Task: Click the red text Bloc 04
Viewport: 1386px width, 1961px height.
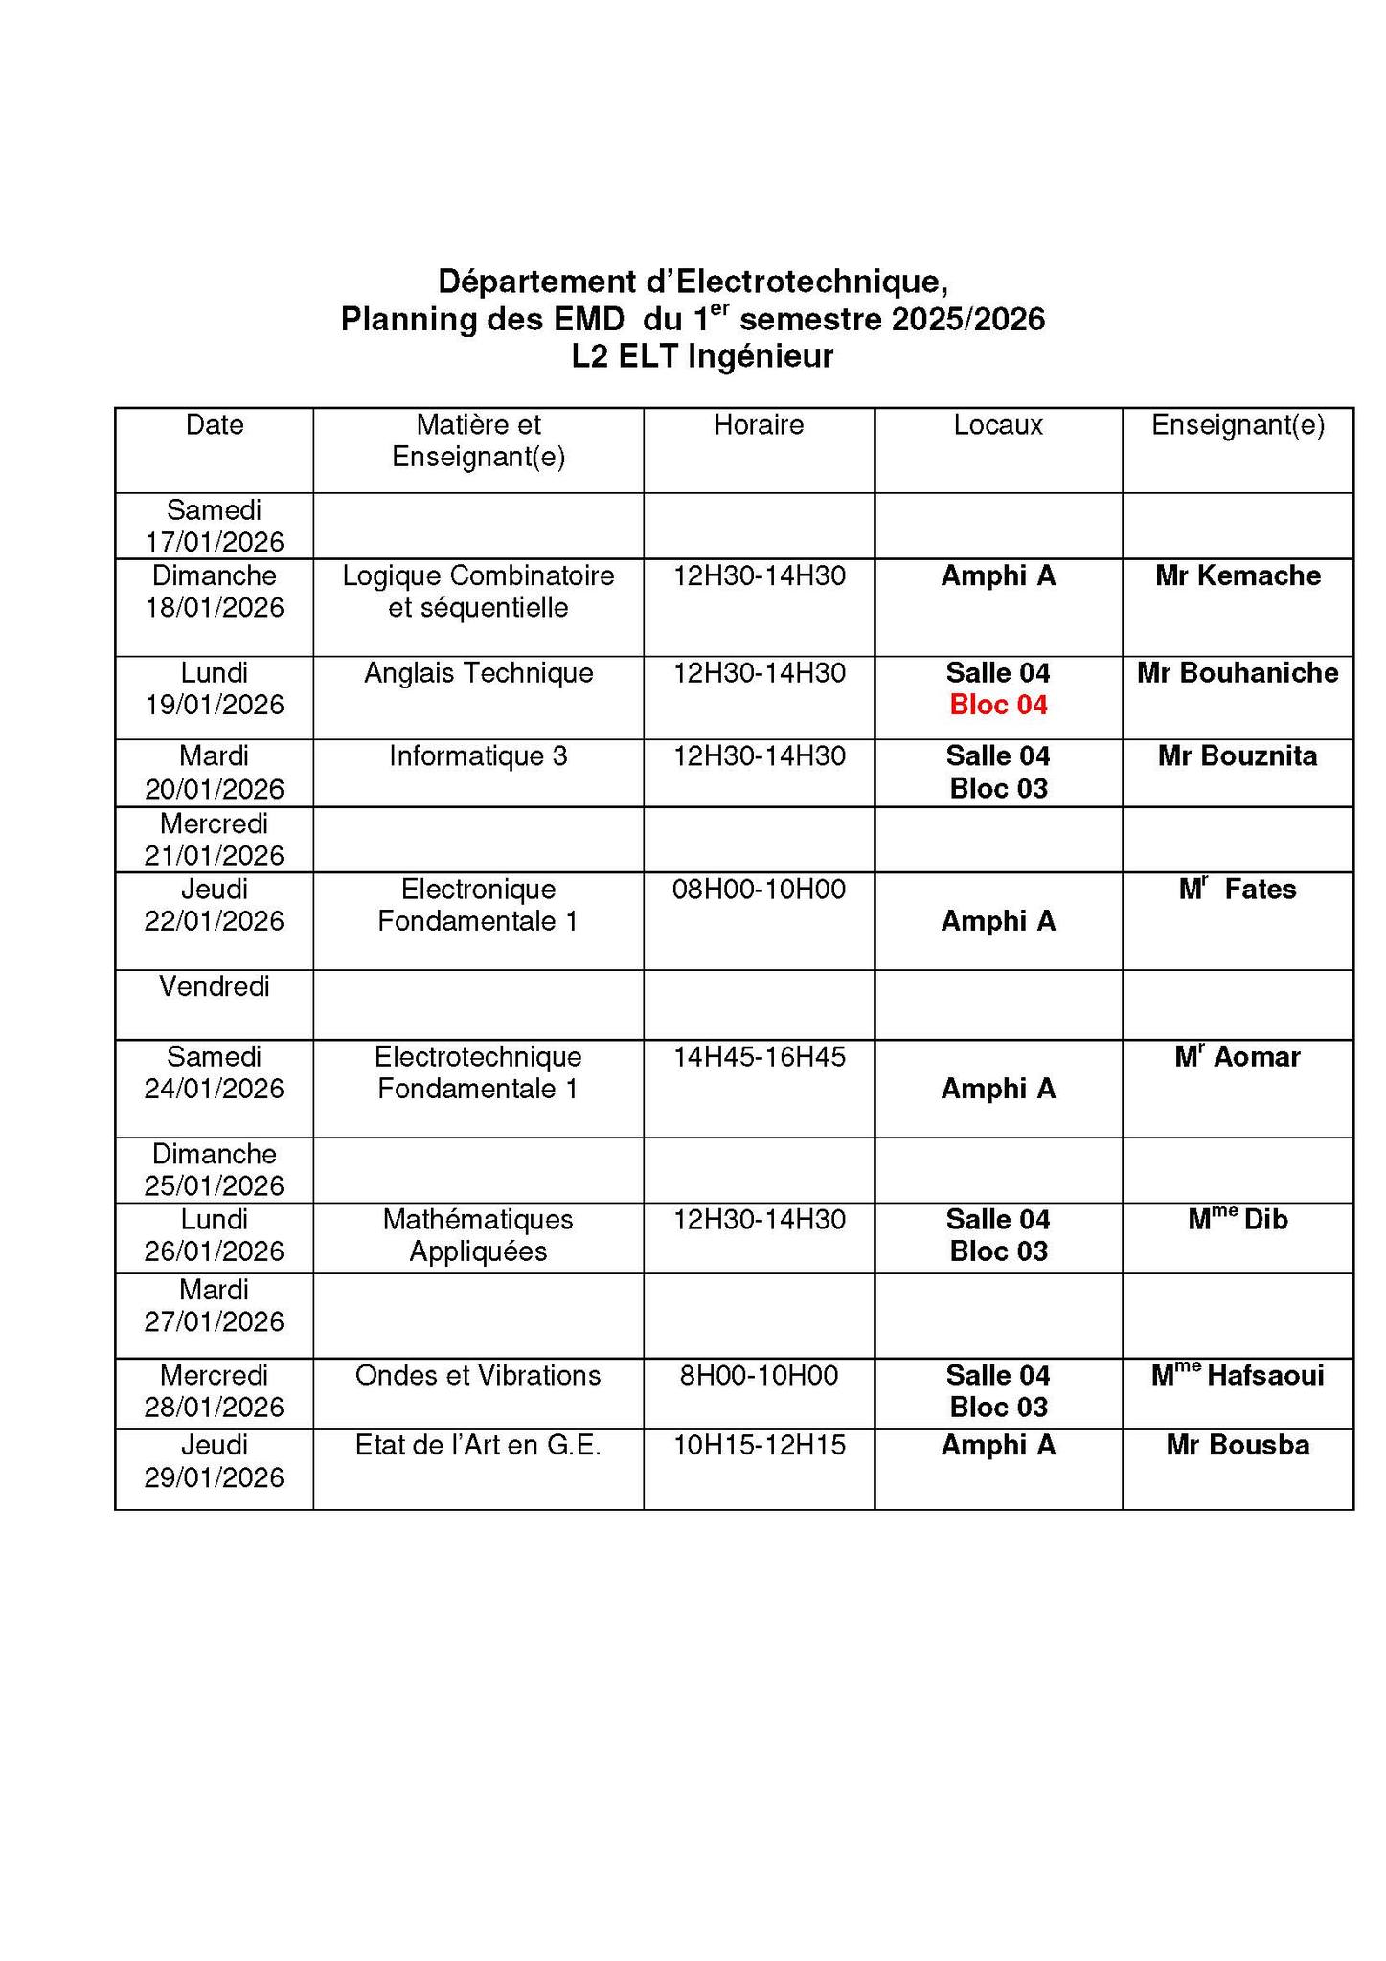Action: click(998, 706)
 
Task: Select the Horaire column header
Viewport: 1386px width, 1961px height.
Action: click(759, 425)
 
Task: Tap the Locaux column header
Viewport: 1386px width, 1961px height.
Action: click(998, 425)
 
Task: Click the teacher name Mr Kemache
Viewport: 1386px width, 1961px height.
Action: click(1238, 575)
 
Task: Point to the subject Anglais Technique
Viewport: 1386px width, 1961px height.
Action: click(478, 673)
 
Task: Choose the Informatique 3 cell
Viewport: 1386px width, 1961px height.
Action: click(478, 756)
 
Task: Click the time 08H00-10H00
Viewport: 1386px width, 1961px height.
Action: click(759, 890)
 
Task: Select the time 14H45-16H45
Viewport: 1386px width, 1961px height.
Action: click(759, 1057)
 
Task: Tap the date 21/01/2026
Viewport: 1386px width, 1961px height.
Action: click(215, 855)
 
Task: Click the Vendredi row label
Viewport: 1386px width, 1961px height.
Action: click(215, 986)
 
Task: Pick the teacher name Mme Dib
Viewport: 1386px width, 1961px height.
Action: click(1238, 1220)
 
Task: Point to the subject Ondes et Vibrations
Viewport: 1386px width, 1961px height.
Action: click(478, 1376)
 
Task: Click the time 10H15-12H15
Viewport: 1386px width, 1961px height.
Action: click(759, 1445)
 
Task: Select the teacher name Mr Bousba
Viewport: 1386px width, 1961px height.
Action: click(1238, 1445)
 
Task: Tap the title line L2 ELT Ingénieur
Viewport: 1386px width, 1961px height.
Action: click(702, 356)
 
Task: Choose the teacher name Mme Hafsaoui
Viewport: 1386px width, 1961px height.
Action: click(1238, 1376)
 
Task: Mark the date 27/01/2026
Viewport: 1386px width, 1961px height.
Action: click(215, 1322)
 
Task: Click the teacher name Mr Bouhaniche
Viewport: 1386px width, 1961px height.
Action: click(1238, 673)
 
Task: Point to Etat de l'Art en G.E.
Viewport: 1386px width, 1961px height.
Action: click(478, 1445)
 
